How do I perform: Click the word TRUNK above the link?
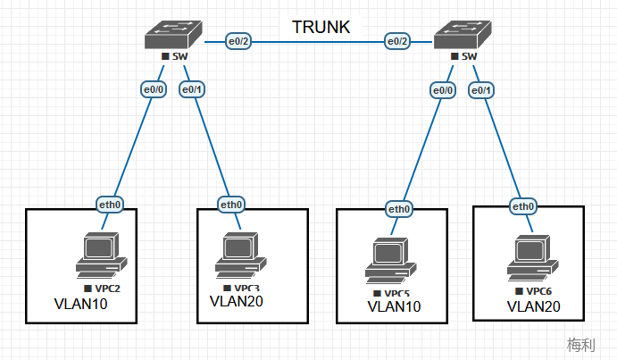pos(321,28)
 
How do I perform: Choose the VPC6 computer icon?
pos(530,257)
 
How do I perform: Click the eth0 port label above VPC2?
pos(110,205)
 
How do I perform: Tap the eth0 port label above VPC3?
pos(231,204)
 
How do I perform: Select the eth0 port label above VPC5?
pos(399,209)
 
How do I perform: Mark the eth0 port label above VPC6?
pos(523,207)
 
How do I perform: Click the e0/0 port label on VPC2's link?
pos(154,89)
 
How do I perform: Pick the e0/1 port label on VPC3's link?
pos(192,89)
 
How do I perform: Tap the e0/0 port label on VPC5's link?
pos(443,89)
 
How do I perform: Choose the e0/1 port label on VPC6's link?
pos(480,89)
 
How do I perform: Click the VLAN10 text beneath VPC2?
pos(81,306)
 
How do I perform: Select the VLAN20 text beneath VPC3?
pos(237,301)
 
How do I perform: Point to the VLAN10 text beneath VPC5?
pos(395,306)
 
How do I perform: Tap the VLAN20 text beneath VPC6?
pos(534,306)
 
